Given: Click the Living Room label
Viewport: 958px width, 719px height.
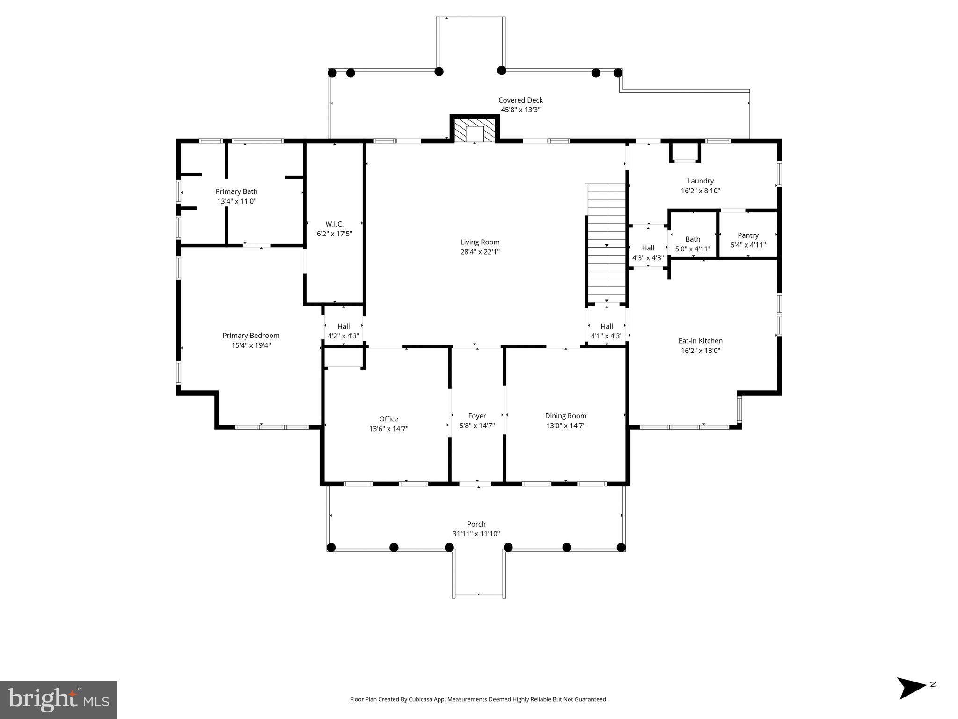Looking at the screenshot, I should click(x=480, y=242).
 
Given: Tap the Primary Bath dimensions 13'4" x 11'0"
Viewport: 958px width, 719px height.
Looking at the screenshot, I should click(x=236, y=201).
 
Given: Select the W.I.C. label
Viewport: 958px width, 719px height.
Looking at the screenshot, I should click(x=334, y=224).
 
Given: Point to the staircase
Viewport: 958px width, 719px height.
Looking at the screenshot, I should click(x=607, y=243).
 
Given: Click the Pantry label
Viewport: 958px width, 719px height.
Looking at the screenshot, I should click(x=748, y=235).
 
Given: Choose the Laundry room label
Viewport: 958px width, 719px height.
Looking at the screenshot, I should click(x=700, y=181).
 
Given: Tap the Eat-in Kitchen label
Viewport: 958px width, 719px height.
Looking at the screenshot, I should click(x=700, y=341).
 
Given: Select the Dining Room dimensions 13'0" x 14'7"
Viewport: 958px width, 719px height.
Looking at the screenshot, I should click(x=565, y=426).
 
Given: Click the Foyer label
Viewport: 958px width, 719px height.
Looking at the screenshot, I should click(x=477, y=416).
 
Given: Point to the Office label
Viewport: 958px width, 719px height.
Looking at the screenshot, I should click(x=388, y=419).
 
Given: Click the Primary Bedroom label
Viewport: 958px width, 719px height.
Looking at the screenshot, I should click(x=251, y=336).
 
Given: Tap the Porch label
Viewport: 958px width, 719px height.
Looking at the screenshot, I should click(x=476, y=524).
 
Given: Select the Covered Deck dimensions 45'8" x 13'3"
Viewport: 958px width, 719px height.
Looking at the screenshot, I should click(x=520, y=110).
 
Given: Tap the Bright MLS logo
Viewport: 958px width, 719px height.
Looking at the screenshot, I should click(x=59, y=699).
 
